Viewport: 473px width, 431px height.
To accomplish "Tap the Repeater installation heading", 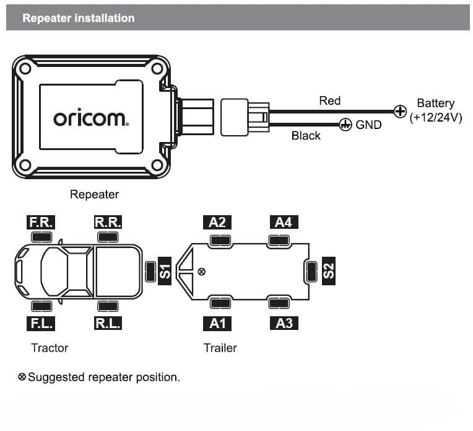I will [78, 18].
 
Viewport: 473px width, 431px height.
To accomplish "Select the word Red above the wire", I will [329, 100].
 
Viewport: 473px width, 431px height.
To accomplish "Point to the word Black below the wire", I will [306, 135].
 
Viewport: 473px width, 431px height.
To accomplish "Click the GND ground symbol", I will [345, 125].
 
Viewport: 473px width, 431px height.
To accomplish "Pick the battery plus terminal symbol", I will [401, 112].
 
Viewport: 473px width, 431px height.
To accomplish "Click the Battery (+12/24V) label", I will [435, 110].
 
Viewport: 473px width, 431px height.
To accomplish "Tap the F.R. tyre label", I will [41, 222].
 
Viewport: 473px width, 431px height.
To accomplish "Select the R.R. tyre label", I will [108, 222].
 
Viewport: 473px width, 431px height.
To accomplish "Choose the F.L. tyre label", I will [41, 323].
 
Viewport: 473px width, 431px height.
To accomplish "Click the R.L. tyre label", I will [108, 323].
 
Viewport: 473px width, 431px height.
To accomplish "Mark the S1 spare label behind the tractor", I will [165, 272].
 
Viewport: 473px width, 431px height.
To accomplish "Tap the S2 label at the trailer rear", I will [329, 270].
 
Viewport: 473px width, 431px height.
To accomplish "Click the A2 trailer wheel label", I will [217, 222].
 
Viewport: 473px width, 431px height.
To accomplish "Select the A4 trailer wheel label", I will [283, 222].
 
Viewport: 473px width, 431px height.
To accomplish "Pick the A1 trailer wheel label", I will [217, 323].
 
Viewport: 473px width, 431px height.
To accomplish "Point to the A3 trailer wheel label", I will [283, 323].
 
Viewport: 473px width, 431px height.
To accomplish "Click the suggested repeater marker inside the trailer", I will [201, 272].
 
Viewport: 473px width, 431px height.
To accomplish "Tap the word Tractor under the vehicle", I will [50, 348].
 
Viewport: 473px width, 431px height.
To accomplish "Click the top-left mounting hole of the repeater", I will [25, 69].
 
